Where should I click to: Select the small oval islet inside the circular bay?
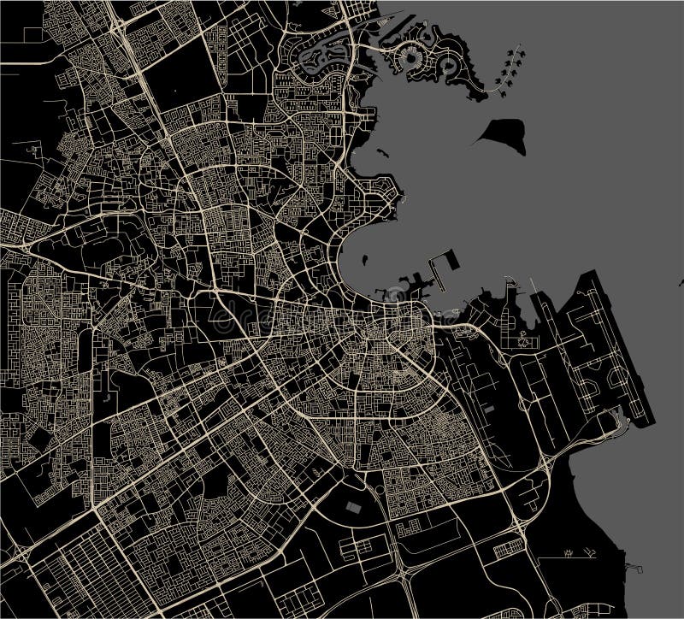363,256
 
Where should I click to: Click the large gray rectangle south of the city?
351,506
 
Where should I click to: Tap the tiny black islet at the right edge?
681,282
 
